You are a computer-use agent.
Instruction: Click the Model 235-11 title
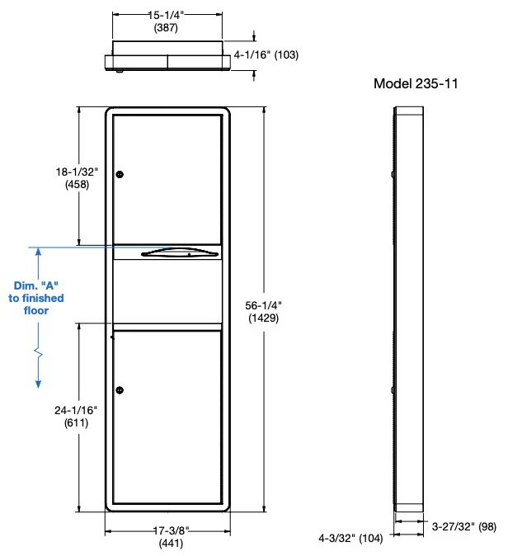[416, 83]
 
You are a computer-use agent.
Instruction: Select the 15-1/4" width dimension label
[166, 15]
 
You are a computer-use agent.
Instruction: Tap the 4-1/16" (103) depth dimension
[266, 55]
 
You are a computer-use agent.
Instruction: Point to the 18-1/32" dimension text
[77, 172]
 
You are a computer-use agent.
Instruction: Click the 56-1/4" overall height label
[263, 305]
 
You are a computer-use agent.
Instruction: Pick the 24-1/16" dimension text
[76, 410]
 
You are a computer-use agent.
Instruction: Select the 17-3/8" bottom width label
[171, 530]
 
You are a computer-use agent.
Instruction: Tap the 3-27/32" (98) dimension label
[463, 526]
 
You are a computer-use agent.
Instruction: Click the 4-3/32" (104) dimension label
[350, 539]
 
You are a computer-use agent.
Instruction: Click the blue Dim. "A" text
[36, 285]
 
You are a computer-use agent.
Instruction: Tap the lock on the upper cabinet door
[120, 174]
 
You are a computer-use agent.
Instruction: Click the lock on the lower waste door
[120, 390]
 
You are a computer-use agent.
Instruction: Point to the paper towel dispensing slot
[180, 252]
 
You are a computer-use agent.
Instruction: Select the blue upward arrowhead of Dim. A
[38, 252]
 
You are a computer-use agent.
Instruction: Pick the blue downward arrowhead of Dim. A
[38, 384]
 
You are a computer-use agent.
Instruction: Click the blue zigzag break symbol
[38, 352]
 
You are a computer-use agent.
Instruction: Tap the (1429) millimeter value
[263, 318]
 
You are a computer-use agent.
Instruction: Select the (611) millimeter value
[76, 423]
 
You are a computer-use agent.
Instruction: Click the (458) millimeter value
[77, 185]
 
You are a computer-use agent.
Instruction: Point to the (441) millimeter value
[171, 544]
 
